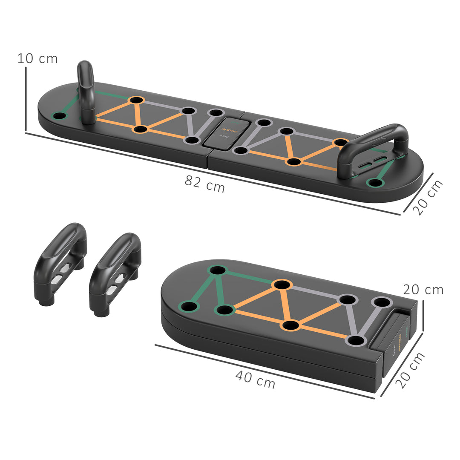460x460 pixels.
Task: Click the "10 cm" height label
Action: click(37, 59)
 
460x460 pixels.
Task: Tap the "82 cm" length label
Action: click(205, 184)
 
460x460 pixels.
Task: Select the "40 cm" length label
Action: click(255, 379)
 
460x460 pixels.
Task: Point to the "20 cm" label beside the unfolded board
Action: click(428, 197)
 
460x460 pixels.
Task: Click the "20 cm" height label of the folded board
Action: click(423, 290)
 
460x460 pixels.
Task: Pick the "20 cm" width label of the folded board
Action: click(410, 370)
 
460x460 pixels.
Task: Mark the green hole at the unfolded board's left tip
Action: click(59, 116)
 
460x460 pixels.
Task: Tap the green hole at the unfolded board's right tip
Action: click(375, 183)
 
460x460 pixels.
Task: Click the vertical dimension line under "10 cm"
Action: click(26, 99)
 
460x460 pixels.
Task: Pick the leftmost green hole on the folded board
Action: click(189, 306)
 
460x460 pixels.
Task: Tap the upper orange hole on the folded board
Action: click(282, 285)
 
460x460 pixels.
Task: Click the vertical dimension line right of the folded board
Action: click(423, 315)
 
